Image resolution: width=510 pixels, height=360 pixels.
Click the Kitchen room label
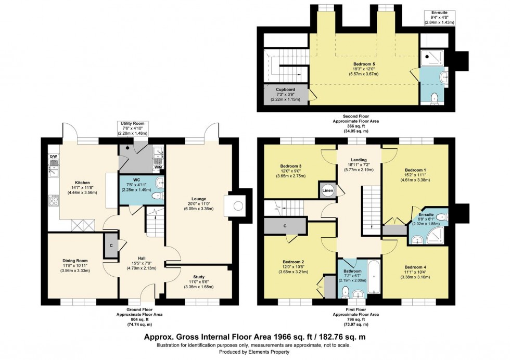tap(82, 183)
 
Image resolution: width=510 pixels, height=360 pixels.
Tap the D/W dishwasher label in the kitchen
tap(53, 156)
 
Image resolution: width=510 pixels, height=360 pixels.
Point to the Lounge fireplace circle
tap(237, 205)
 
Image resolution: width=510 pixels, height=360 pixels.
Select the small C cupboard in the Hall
tap(111, 246)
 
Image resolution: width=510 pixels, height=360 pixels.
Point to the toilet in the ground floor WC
tap(156, 196)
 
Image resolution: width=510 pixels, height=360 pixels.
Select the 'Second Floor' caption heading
tap(357, 115)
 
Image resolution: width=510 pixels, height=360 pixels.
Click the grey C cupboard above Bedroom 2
tap(285, 226)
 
